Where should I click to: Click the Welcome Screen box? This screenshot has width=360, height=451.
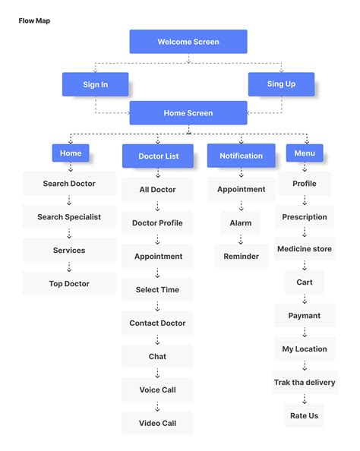188,42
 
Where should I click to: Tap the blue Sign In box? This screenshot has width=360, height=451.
95,84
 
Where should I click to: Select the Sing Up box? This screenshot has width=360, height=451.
281,84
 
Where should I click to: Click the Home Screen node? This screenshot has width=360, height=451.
188,113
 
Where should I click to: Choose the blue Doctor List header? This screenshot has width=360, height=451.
158,156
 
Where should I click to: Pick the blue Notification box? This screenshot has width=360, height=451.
241,156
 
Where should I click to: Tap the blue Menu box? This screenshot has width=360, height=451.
304,153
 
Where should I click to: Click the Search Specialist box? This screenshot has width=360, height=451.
69,217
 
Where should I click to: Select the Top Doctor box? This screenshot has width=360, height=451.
69,284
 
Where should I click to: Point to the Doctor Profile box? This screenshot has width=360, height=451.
157,223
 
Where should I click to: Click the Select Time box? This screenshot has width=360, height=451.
157,290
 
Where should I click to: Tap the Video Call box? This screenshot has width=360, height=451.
157,424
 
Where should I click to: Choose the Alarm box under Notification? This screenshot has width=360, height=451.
241,223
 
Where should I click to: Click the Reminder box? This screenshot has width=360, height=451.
241,257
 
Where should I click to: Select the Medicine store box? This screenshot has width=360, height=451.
304,249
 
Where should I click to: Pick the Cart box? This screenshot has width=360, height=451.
304,282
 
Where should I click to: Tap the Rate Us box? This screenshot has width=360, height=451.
304,416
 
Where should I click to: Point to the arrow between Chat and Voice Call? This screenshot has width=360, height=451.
157,373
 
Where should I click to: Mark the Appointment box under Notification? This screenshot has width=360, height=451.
241,190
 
